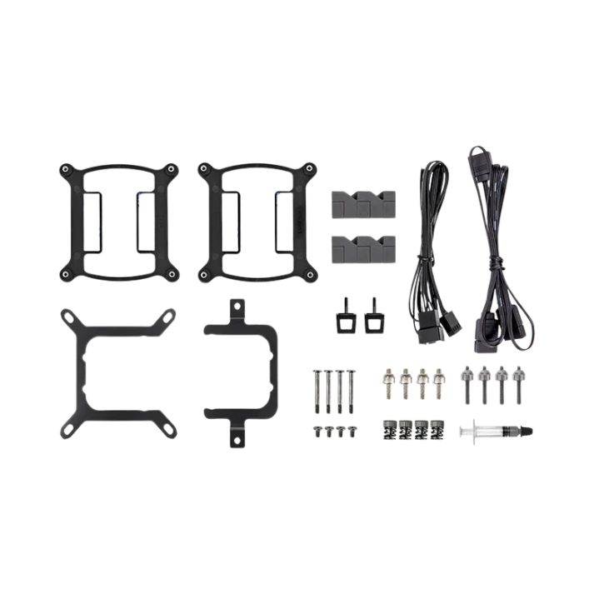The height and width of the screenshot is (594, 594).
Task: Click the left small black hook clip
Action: (345, 315)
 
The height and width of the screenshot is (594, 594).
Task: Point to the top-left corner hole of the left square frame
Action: (65, 169)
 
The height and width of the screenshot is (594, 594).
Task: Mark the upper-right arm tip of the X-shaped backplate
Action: (172, 315)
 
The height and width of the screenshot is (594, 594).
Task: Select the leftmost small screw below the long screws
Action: (317, 432)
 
